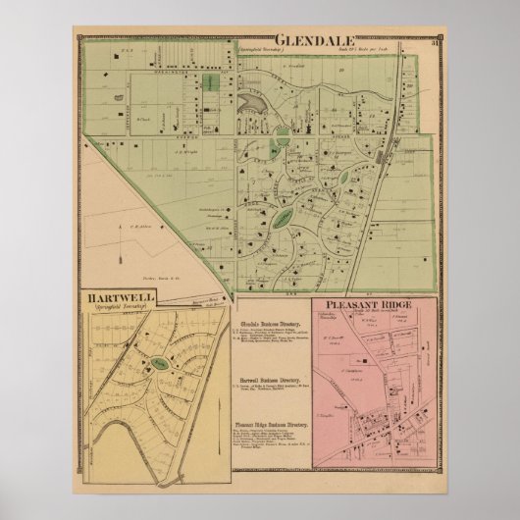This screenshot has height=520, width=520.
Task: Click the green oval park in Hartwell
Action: tap(158, 365)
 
